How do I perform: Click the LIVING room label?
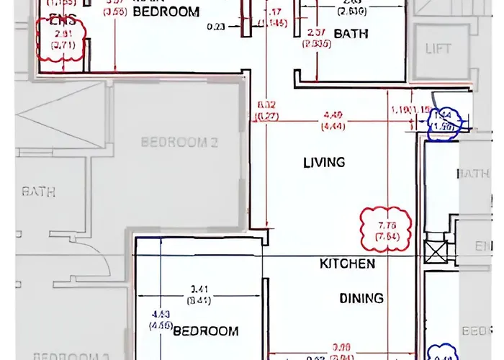click(324, 163)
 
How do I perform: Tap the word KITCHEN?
click(347, 264)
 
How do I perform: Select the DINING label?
click(361, 298)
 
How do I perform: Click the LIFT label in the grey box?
click(438, 49)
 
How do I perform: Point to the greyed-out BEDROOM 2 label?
click(179, 142)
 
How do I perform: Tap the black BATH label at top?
click(351, 34)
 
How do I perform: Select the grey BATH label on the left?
click(39, 192)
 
